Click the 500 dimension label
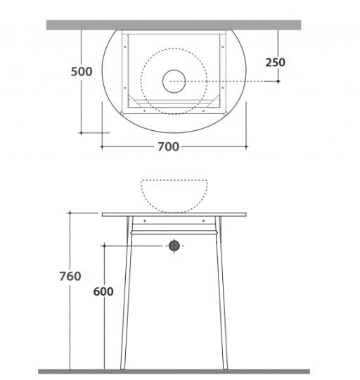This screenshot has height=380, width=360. click(x=82, y=72)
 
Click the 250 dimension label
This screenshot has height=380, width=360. click(x=275, y=63)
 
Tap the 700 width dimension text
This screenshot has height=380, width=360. click(x=168, y=146)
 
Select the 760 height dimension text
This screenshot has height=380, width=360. click(x=70, y=277)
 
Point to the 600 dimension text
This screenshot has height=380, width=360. click(x=103, y=291)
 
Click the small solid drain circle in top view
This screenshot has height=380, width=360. click(x=174, y=82)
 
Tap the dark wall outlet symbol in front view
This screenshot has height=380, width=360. click(x=174, y=246)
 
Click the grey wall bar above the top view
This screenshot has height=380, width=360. click(x=174, y=25)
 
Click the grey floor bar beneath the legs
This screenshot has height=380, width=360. click(x=174, y=372)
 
